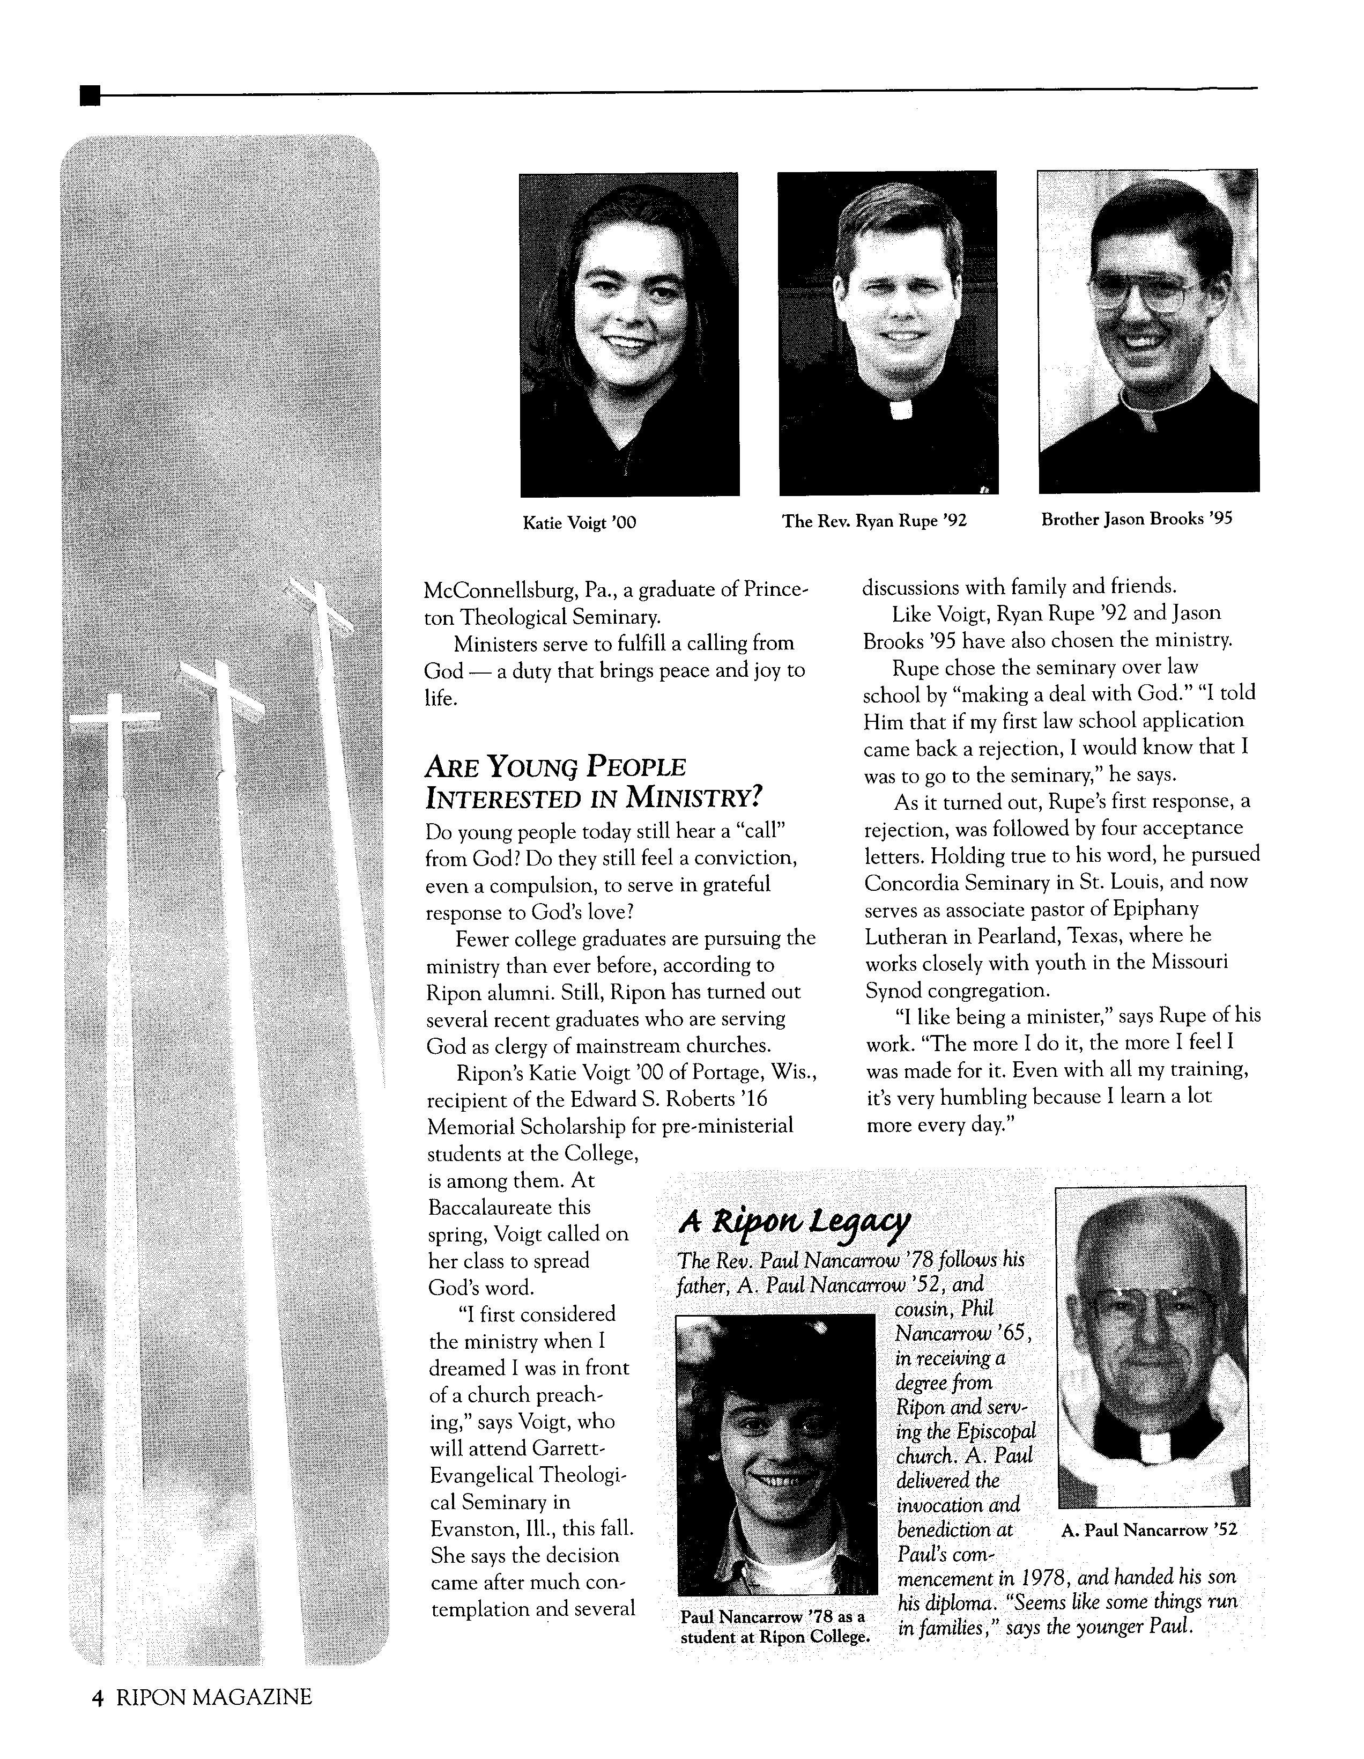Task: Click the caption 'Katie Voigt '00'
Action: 580,523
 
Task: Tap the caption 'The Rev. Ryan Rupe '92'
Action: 873,521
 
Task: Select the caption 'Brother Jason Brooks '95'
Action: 1136,520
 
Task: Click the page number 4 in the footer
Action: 98,1698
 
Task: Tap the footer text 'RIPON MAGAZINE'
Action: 214,1698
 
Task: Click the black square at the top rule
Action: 90,96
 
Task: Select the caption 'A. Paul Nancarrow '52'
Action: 1149,1530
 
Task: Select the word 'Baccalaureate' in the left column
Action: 509,1207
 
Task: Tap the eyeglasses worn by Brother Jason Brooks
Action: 1144,294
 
